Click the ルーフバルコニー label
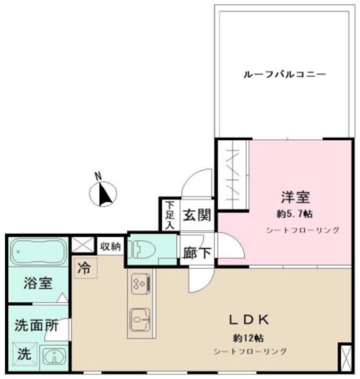pos(285,74)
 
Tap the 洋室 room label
pos(295,197)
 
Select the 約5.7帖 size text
pos(295,214)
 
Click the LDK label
pos(249,320)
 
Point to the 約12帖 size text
pos(248,338)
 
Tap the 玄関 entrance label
pos(197,215)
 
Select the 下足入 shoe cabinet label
pos(170,215)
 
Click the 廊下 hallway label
pos(197,253)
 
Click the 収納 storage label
pos(111,246)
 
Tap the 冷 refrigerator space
pos(85,268)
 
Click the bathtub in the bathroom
pos(38,252)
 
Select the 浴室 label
pos(38,283)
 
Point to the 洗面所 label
pos(37,325)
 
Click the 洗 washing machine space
pos(25,353)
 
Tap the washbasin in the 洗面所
pos(54,355)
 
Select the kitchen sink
pos(140,319)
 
